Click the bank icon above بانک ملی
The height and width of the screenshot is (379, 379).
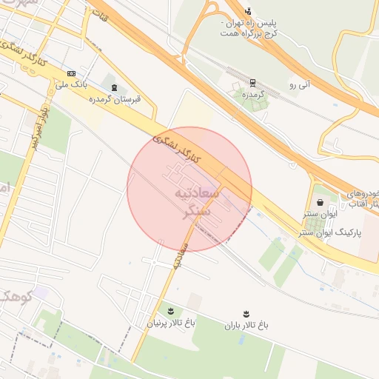click(x=71, y=73)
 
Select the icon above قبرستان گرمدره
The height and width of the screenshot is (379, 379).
click(x=113, y=88)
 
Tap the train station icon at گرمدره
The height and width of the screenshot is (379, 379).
click(x=252, y=83)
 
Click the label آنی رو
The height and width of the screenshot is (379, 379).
click(x=303, y=86)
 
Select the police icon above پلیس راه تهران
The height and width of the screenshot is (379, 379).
click(x=248, y=10)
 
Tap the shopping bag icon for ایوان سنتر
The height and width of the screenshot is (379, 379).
click(x=319, y=201)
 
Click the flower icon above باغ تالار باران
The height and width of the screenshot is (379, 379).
click(x=246, y=314)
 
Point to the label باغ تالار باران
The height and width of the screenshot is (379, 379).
click(x=246, y=326)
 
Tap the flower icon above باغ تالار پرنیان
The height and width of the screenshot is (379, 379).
click(x=171, y=311)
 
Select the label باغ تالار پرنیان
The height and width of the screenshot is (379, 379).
click(x=172, y=323)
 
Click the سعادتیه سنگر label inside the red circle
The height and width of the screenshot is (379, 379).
click(x=194, y=201)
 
